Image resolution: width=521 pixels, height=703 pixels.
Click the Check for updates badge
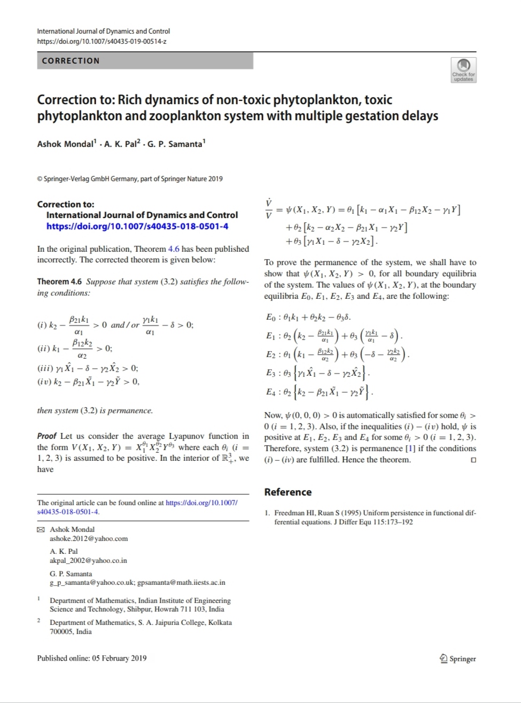tap(463, 70)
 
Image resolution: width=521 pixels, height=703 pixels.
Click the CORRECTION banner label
tap(71, 61)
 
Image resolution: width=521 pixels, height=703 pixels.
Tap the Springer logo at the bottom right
tap(457, 659)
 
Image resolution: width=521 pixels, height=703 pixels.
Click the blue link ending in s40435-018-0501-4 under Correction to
tap(137, 226)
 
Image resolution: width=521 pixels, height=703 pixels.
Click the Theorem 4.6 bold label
tap(59, 282)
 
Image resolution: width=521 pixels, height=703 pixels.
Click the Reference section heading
tap(288, 492)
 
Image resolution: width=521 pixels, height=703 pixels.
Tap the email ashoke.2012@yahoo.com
tap(89, 539)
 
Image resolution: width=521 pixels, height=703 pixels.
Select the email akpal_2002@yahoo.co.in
tap(88, 561)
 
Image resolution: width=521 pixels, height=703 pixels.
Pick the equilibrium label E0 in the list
tap(271, 317)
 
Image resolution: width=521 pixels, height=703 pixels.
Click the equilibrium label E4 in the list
tap(271, 392)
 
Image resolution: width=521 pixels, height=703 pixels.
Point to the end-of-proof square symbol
tap(473, 460)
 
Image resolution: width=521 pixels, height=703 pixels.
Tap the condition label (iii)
tap(45, 368)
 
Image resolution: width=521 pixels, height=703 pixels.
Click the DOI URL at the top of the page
tap(102, 41)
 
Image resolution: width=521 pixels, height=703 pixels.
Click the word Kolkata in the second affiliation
tap(220, 623)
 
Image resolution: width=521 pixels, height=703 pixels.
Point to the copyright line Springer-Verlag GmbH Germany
tap(130, 179)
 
